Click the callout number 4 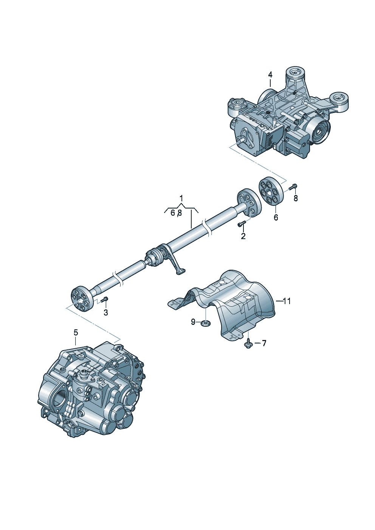click(270, 75)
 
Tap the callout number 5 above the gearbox click(76, 333)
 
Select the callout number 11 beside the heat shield click(287, 301)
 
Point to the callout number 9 click(193, 321)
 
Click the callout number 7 click(263, 343)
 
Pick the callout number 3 click(106, 312)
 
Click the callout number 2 click(243, 236)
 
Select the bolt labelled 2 click(241, 223)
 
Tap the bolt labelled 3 click(104, 299)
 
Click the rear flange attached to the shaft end click(249, 203)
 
